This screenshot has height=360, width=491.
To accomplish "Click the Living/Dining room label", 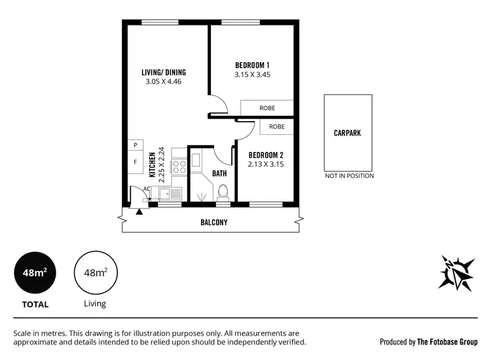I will point(164,72).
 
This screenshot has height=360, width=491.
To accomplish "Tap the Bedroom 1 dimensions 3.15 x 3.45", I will point(252,75).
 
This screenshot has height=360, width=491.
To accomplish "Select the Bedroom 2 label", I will point(266,155).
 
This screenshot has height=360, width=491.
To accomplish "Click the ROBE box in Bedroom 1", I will point(266,108).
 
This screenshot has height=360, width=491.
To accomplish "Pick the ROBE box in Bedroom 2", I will point(276,126).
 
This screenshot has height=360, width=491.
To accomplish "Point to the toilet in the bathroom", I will point(223,192).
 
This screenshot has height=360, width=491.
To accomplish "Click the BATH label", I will point(219,173).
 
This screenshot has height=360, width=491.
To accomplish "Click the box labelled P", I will point(136,145).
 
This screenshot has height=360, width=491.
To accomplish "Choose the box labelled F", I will point(136,162).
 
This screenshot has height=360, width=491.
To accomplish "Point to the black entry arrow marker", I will point(139,211).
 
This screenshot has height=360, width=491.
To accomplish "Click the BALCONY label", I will point(213,223).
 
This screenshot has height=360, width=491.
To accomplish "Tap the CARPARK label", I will point(347,133).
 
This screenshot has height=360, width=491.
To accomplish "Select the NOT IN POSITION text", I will point(350,176).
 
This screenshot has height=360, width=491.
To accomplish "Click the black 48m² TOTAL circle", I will point(35,273).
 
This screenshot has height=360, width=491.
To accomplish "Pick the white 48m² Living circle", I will point(95,273).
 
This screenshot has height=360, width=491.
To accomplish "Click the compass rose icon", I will point(456,271).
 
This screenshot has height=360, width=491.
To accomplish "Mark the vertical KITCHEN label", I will point(152,164).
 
